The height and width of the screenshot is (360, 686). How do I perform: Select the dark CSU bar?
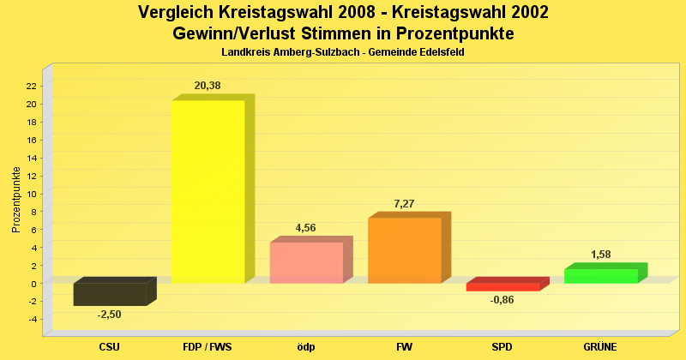tap(110, 294)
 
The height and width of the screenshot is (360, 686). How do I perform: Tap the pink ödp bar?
tap(306, 262)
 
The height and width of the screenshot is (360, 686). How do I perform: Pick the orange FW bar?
tap(404, 250)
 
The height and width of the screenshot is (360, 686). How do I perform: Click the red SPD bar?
tap(502, 287)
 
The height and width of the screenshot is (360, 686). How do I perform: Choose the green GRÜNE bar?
tap(600, 276)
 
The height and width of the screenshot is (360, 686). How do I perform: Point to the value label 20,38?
tap(208, 86)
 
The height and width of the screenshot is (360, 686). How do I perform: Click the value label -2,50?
tap(109, 315)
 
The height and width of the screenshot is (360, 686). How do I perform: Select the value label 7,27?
tap(404, 203)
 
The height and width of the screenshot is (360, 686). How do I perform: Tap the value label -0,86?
tap(502, 300)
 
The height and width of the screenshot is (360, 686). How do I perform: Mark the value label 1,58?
tap(600, 255)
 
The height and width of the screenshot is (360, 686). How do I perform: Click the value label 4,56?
tap(306, 228)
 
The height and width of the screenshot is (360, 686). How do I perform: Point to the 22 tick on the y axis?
tap(31, 86)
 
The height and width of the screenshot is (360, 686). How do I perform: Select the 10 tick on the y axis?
tap(31, 194)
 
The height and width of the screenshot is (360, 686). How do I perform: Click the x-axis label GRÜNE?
tap(600, 347)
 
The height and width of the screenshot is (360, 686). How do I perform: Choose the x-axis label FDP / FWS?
tap(208, 347)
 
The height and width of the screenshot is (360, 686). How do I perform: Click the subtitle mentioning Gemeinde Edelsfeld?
tap(343, 53)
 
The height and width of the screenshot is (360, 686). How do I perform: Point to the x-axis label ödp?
tap(306, 347)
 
